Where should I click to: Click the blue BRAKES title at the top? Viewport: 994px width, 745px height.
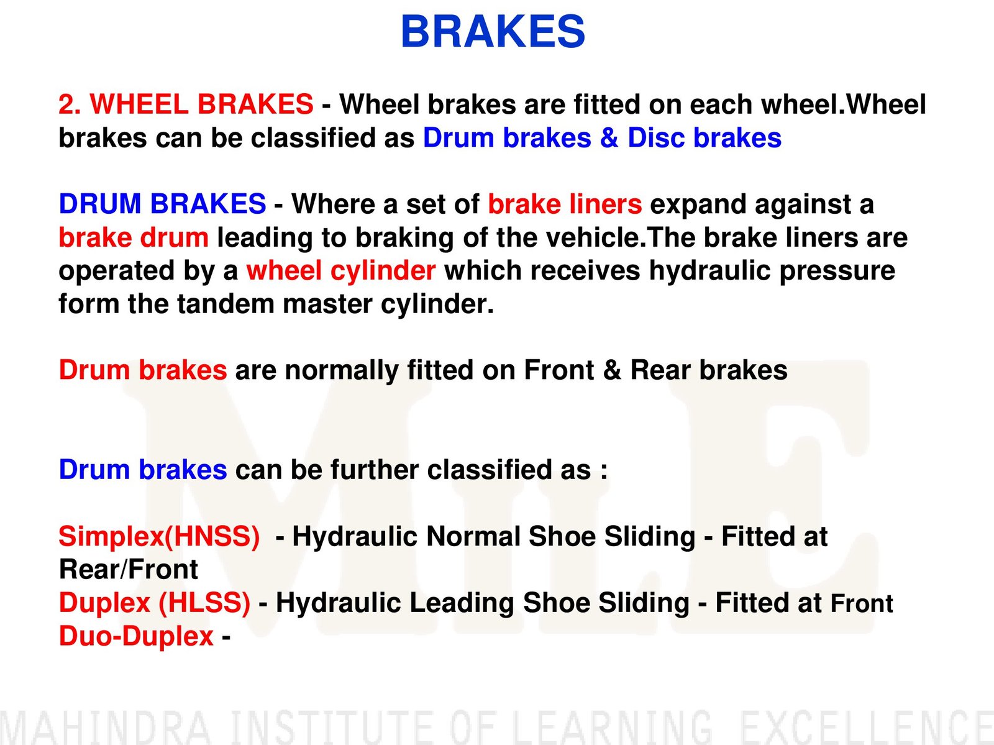click(493, 31)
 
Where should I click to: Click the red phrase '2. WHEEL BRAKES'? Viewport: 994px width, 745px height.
click(186, 104)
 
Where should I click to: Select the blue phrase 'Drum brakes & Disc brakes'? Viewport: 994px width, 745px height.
click(602, 137)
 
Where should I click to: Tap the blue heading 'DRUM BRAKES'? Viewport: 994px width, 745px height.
click(163, 203)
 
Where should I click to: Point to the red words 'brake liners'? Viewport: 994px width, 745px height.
click(565, 204)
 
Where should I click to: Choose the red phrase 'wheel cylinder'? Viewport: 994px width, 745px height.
click(341, 271)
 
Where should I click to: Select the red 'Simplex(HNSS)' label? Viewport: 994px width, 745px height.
click(160, 536)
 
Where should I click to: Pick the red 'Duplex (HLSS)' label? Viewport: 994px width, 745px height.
click(155, 603)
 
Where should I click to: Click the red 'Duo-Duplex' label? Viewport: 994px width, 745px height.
click(136, 636)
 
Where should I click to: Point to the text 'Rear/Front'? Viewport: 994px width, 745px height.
click(129, 569)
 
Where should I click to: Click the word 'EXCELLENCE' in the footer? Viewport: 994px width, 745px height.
click(867, 728)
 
